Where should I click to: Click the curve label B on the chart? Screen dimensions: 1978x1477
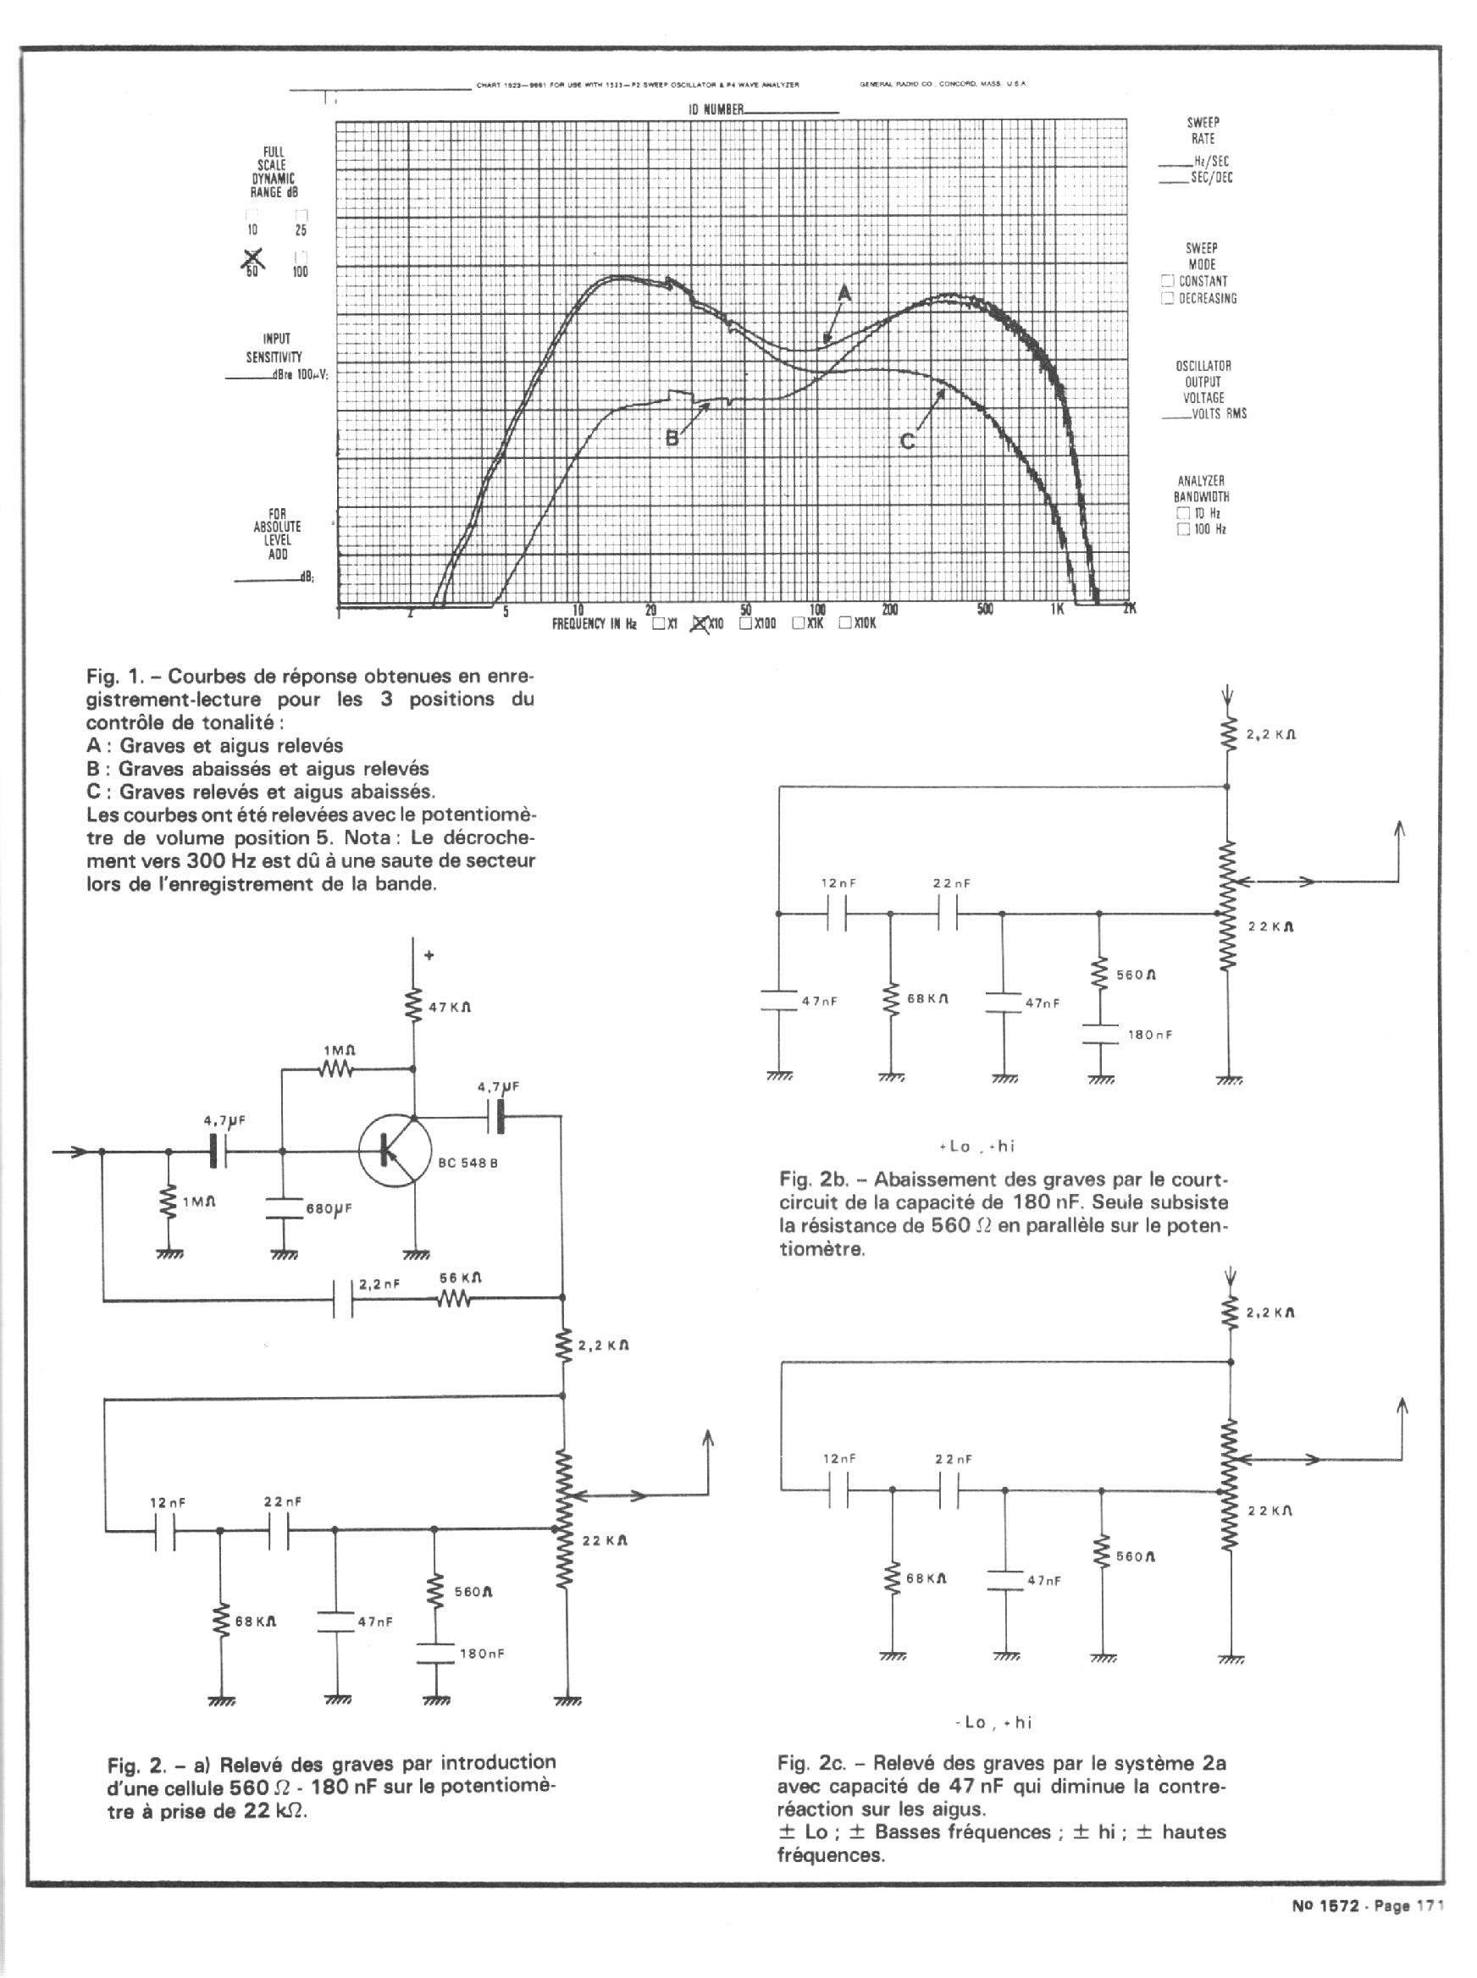pyautogui.click(x=672, y=439)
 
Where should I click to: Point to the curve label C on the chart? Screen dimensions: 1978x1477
pyautogui.click(x=906, y=440)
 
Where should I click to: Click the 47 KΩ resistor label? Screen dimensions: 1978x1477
pyautogui.click(x=450, y=1008)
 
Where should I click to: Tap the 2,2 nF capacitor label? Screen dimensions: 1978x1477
pyautogui.click(x=379, y=1285)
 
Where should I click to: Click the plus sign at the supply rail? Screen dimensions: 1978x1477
pyautogui.click(x=429, y=955)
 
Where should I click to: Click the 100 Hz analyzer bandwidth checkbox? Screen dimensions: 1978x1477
pyautogui.click(x=1184, y=530)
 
